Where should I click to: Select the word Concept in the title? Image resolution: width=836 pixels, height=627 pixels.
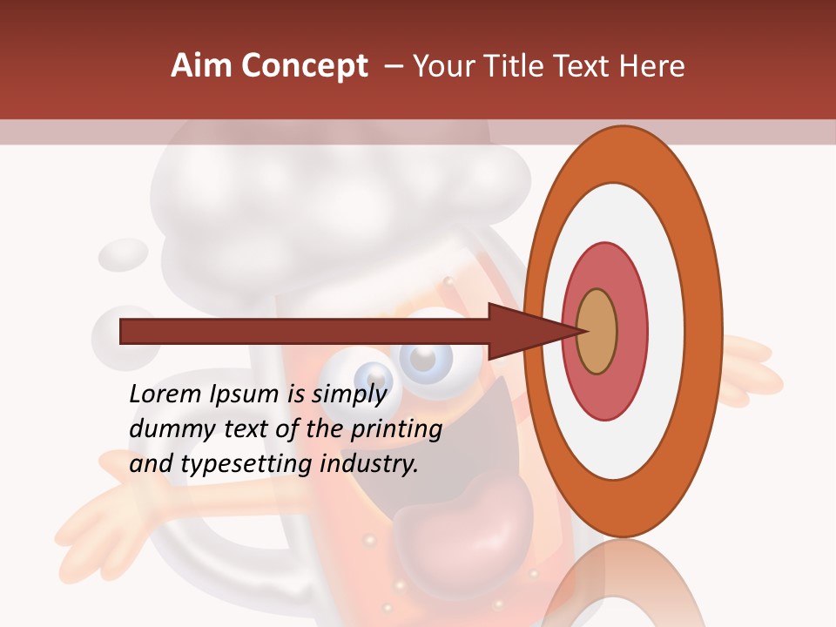click(303, 67)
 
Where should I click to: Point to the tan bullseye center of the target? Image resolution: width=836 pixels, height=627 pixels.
click(597, 332)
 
